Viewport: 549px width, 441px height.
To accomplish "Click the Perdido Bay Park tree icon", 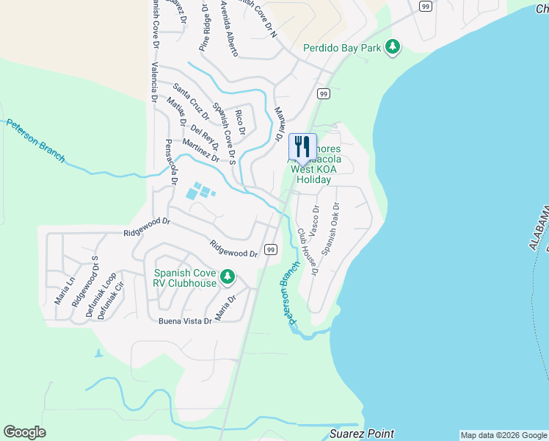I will pos(393,47).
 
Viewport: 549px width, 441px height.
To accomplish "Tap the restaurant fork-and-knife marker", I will pos(302,145).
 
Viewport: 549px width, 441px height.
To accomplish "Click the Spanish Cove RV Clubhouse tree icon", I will pos(228,276).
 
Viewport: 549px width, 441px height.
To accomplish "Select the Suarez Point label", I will pos(362,434).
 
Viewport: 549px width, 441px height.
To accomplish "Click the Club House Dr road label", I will pos(306,251).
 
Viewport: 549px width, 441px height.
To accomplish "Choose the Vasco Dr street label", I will pos(314,220).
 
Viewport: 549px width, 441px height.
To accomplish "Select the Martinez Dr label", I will pos(201,151).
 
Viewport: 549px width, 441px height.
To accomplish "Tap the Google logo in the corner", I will pos(24,432).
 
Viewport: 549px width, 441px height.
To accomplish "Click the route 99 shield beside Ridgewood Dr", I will pos(271,250).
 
